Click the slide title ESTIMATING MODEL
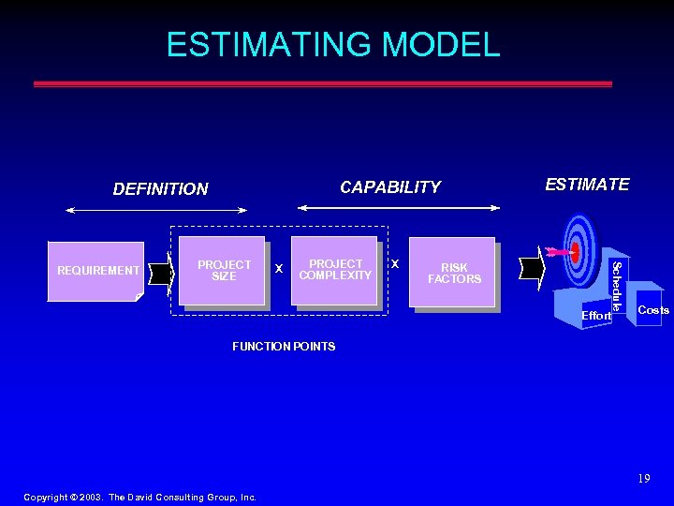[333, 44]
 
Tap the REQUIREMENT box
[97, 271]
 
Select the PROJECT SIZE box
[224, 271]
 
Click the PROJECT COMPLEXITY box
[335, 270]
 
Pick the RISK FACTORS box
[453, 273]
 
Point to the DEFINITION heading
[160, 189]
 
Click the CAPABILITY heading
[389, 187]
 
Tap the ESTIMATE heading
[587, 185]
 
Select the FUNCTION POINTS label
[283, 347]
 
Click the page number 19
[643, 479]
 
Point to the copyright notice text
[139, 498]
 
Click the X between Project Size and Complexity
[278, 269]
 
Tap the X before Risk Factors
[395, 264]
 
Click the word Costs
[652, 310]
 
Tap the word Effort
[595, 316]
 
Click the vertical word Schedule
[616, 286]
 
